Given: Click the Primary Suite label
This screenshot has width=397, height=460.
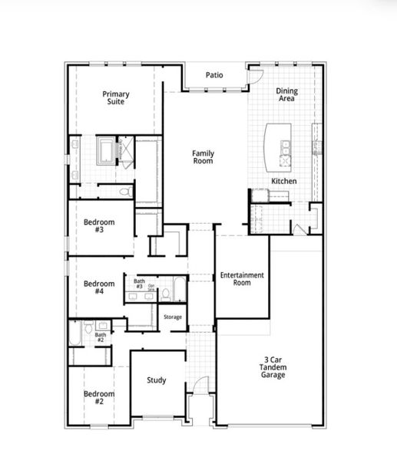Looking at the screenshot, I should (116, 97).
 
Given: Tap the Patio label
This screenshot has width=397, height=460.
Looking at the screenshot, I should (214, 75).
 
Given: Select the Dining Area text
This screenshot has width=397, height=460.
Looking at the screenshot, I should (286, 95).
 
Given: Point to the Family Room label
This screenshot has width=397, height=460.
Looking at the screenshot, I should (203, 157).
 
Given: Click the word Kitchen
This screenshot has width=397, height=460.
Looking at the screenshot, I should (283, 181).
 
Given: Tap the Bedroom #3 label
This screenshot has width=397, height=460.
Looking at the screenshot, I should (99, 226).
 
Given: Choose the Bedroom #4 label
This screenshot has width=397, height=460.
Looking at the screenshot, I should (99, 287).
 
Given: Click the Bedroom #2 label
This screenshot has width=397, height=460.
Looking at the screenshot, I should (99, 396).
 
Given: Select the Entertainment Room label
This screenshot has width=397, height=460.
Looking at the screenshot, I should (242, 279).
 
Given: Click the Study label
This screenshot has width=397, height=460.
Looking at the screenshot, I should (157, 380).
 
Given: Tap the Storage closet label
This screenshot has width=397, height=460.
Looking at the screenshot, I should (173, 317).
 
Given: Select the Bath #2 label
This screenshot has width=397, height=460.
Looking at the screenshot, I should (101, 337).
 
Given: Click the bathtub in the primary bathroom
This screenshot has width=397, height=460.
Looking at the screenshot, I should (106, 149).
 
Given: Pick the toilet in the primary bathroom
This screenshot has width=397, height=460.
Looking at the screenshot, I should (125, 192).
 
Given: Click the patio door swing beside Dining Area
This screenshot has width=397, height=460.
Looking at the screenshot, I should (256, 76).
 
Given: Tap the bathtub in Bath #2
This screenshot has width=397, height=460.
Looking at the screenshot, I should (76, 334).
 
